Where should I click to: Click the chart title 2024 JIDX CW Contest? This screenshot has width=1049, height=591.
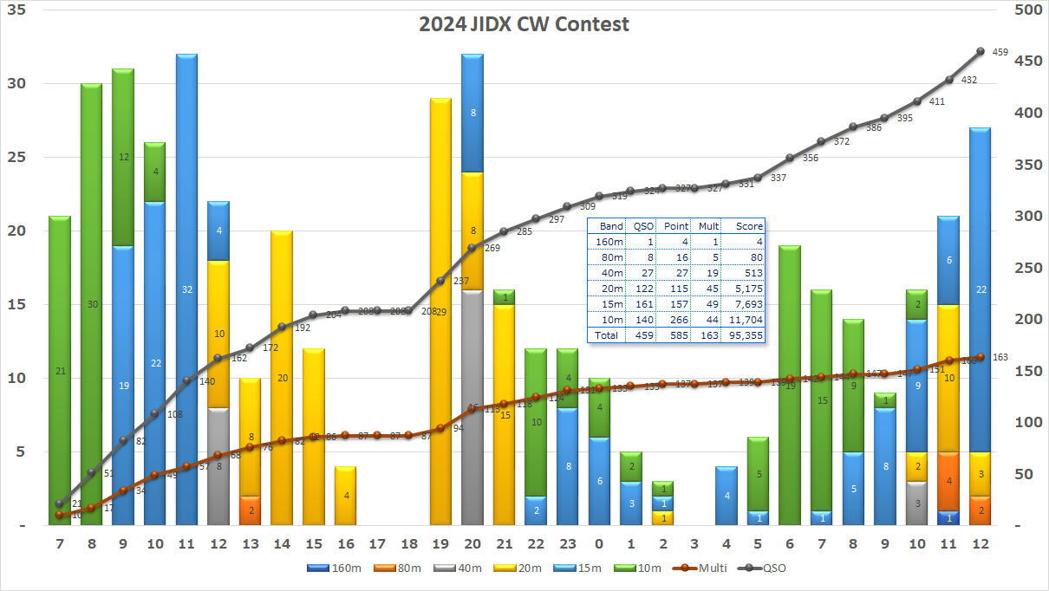[x=524, y=23]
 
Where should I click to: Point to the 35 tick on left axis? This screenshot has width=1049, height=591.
[x=17, y=10]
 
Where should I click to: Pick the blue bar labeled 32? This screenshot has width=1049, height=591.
[x=187, y=289]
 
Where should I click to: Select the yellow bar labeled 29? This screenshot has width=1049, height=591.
[x=440, y=311]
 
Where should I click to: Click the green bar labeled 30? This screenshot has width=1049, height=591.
[x=92, y=304]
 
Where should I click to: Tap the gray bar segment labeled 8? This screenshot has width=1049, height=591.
[x=218, y=466]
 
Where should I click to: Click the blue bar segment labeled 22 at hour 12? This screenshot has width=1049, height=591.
[x=981, y=289]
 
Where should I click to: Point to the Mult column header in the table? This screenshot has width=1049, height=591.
[x=708, y=225]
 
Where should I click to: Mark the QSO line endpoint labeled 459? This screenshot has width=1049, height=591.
[x=981, y=51]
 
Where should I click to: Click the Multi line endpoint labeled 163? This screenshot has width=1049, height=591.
[x=981, y=357]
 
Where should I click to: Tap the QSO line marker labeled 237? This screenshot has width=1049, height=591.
[x=440, y=281]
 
